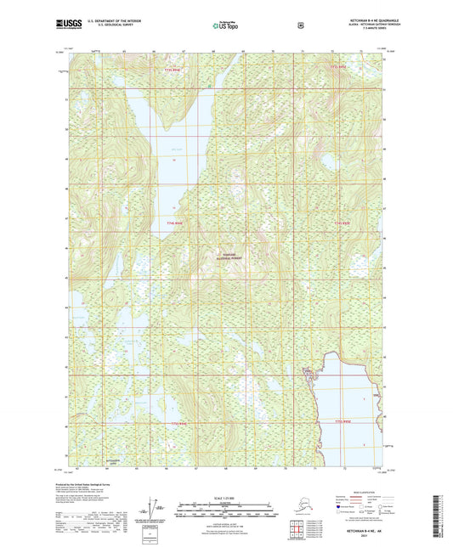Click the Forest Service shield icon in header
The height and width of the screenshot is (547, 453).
click(x=300, y=25)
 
